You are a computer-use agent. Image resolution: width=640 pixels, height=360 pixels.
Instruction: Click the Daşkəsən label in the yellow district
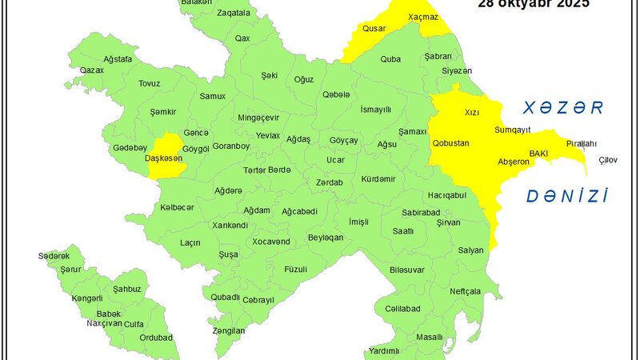163,158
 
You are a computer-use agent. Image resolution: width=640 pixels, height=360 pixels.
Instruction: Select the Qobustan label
450,143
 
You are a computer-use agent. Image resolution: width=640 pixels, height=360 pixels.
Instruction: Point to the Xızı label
472,114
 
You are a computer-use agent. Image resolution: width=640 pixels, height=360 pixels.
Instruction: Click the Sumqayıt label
513,129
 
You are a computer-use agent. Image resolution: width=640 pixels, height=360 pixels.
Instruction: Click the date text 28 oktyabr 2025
534,4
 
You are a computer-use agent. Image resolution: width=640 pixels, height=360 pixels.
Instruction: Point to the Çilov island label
608,161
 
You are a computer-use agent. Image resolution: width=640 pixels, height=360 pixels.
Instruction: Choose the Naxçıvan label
104,323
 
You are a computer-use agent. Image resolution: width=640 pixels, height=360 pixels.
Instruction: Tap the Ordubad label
155,338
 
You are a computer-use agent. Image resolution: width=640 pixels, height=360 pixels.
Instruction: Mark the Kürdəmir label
378,178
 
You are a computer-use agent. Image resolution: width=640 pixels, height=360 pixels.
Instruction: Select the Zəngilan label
229,330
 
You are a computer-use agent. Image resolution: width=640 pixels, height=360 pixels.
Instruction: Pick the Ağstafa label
95,59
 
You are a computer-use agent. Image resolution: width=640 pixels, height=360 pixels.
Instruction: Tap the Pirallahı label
582,143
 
